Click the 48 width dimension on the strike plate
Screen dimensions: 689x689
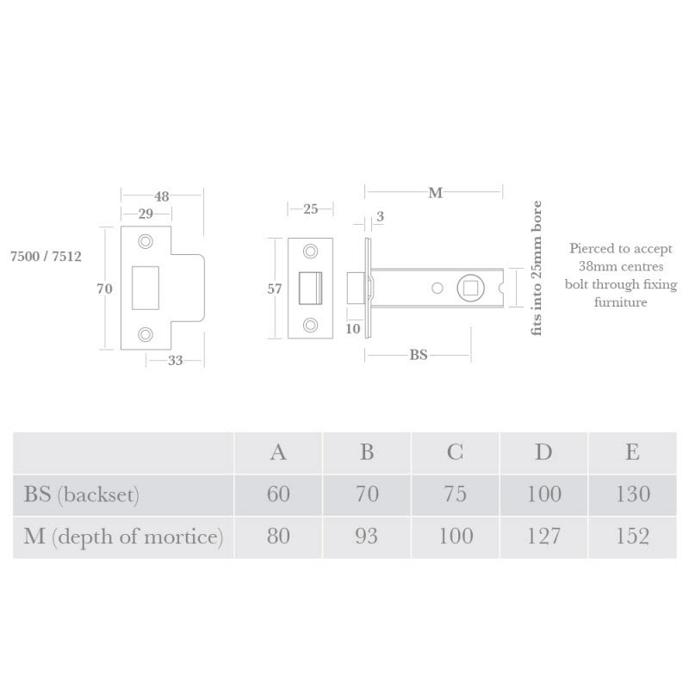pyautogui.click(x=161, y=196)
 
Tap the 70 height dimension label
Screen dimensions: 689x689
pyautogui.click(x=104, y=289)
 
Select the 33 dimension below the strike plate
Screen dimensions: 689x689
pyautogui.click(x=175, y=360)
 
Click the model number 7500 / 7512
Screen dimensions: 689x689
pyautogui.click(x=46, y=257)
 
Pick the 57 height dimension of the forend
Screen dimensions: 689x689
pyautogui.click(x=275, y=289)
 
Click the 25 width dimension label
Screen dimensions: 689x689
pyautogui.click(x=310, y=208)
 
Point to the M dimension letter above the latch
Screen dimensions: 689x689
pyautogui.click(x=435, y=193)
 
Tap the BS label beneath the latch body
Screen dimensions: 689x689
pyautogui.click(x=418, y=354)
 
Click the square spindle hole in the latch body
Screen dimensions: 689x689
pyautogui.click(x=470, y=288)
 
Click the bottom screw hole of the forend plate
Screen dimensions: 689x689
pyautogui.click(x=310, y=325)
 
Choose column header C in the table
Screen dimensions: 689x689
pyautogui.click(x=455, y=451)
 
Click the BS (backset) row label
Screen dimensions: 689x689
pyautogui.click(x=82, y=494)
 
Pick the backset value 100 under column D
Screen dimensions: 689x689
pyautogui.click(x=543, y=494)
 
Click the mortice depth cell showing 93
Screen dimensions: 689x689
pyautogui.click(x=366, y=537)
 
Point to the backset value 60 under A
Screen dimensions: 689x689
pyautogui.click(x=278, y=494)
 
